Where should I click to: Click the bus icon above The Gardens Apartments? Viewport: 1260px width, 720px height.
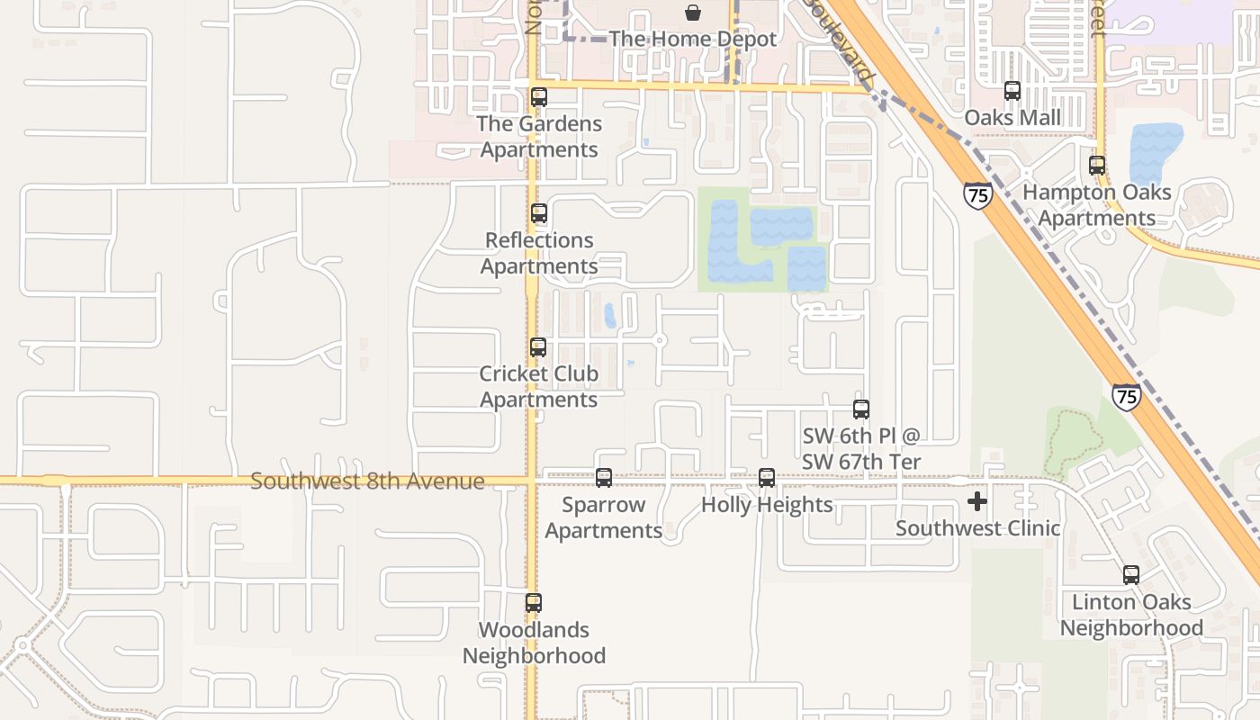539,97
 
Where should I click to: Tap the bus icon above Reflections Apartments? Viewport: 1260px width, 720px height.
539,214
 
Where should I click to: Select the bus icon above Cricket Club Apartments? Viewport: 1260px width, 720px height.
538,347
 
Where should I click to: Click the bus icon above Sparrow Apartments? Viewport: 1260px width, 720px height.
604,478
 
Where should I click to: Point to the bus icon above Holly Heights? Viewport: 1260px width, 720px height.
767,478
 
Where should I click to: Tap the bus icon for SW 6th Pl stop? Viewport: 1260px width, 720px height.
861,409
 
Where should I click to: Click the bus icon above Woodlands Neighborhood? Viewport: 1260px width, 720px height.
534,603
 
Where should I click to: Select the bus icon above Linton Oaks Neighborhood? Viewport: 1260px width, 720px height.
1131,575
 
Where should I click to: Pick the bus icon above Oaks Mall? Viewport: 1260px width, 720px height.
1012,91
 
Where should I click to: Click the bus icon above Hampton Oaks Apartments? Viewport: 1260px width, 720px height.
1097,166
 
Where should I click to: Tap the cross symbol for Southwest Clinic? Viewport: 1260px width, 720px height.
977,501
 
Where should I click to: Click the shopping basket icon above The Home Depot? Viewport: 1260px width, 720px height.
693,13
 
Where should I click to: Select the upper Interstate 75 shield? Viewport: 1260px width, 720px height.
977,194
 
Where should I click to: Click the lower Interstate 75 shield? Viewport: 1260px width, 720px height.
1126,396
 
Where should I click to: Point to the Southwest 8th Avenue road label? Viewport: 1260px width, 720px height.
367,481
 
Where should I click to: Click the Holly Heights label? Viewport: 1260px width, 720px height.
767,505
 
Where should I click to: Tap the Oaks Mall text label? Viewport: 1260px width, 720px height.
1012,118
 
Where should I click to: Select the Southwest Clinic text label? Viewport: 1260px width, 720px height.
977,528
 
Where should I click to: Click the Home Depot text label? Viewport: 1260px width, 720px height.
692,40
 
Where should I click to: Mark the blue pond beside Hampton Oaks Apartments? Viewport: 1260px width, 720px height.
1155,151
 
